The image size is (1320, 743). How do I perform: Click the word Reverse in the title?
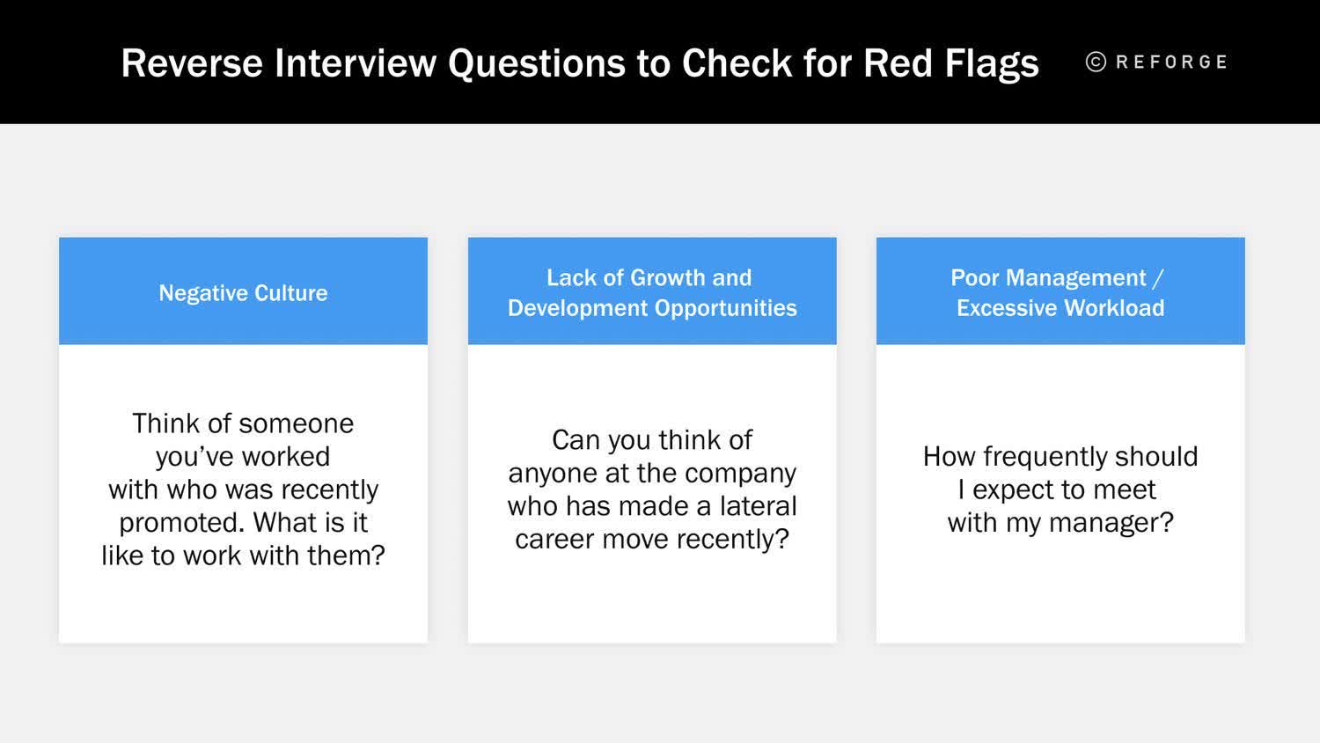pos(192,63)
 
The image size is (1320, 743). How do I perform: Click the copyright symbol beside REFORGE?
pos(1096,62)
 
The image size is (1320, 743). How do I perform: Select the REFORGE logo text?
pos(1171,62)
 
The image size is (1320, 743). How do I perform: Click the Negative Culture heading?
pos(243,293)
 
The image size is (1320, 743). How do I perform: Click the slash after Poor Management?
pos(1158,278)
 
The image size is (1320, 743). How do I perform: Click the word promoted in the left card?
pos(180,523)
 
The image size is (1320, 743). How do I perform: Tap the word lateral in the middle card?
pos(758,506)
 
